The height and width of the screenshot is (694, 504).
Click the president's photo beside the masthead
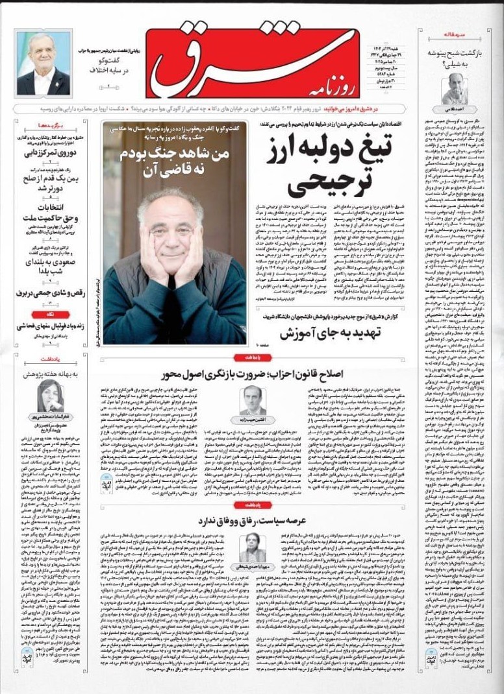point(44,64)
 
